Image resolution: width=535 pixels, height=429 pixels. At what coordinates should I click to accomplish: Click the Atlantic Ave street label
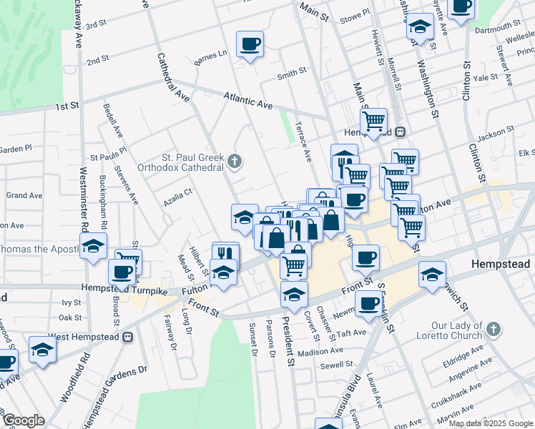[x=247, y=100]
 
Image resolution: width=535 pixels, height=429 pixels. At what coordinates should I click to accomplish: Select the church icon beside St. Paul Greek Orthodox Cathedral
[x=235, y=162]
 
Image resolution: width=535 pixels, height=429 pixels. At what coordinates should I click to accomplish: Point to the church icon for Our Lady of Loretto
[x=491, y=329]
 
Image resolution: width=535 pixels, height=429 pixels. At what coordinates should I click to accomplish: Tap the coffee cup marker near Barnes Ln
[x=250, y=45]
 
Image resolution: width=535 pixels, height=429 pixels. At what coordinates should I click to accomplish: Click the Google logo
[x=23, y=420]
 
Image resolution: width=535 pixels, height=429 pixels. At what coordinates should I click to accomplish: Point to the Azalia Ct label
[x=178, y=192]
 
